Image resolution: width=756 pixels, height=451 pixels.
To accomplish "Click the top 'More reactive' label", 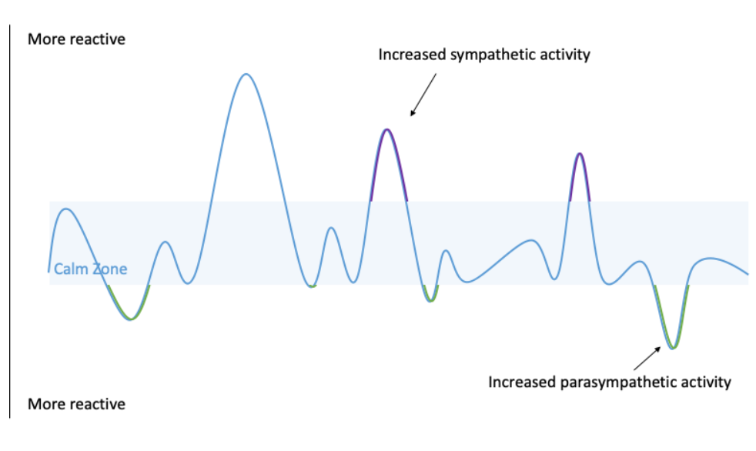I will click(x=76, y=39).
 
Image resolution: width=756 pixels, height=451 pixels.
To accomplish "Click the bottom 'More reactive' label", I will click(x=76, y=404).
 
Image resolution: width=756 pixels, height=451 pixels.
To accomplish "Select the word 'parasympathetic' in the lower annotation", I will click(x=614, y=382).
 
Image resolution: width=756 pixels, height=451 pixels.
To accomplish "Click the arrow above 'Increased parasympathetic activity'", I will click(x=646, y=357).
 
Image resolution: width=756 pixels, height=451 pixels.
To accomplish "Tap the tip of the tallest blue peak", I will click(x=246, y=74).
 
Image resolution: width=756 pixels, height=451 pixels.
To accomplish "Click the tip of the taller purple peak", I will click(x=387, y=129).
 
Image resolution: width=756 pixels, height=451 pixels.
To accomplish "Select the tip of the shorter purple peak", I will click(x=580, y=154).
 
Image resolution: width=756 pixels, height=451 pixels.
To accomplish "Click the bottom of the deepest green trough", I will click(x=672, y=349).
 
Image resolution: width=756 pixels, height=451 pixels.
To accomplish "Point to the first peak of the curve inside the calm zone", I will click(x=66, y=209).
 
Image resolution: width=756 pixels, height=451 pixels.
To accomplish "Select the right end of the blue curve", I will click(x=748, y=274).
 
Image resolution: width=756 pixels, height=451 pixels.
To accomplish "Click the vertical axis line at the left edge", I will click(x=10, y=223).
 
